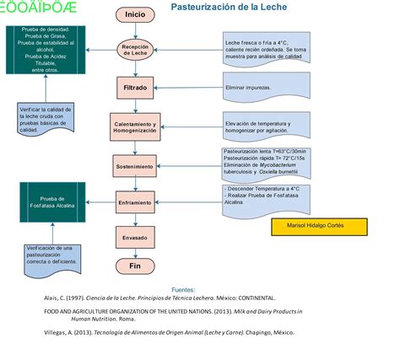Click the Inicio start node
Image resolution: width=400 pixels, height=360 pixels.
point(135,14)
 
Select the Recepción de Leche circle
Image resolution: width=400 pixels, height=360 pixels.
point(135,50)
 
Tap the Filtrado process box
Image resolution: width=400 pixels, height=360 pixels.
point(135,86)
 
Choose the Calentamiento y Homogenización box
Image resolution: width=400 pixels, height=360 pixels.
point(135,127)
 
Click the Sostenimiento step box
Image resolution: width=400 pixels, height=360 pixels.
point(135,166)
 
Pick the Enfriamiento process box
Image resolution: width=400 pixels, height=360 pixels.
point(135,203)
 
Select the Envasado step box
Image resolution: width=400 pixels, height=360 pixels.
point(135,239)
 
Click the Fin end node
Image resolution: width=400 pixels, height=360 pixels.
point(135,265)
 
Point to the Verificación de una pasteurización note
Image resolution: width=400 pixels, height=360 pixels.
point(49,256)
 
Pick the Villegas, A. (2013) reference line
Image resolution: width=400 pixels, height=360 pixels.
point(170,332)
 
